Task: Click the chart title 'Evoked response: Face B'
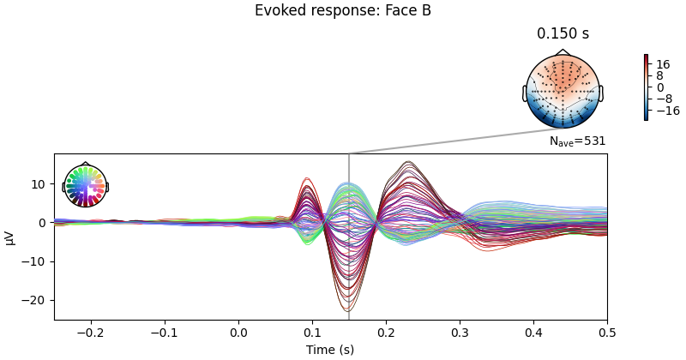343,11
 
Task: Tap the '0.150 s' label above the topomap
563,34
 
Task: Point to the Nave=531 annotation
577,141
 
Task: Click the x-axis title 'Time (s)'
330,350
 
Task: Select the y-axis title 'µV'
9,237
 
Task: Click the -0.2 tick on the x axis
91,332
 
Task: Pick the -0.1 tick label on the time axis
165,332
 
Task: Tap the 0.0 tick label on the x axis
238,332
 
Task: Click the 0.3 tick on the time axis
460,332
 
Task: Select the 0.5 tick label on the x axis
607,332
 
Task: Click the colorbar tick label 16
663,64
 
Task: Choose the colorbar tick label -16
665,111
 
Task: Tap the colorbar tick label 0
660,87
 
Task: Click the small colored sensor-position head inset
85,186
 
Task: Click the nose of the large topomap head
563,52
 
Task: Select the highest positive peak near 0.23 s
408,162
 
